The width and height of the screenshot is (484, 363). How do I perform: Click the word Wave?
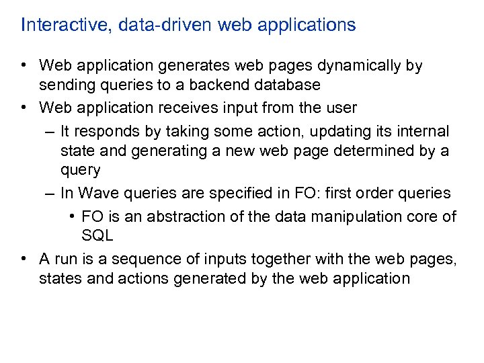click(97, 194)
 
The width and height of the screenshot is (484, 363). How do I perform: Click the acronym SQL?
click(97, 235)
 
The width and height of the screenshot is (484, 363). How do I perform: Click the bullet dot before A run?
click(24, 258)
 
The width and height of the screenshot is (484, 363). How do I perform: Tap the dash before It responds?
click(51, 130)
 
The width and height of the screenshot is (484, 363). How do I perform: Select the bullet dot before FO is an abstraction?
click(73, 216)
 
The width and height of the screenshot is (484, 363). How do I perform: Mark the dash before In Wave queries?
click(51, 194)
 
